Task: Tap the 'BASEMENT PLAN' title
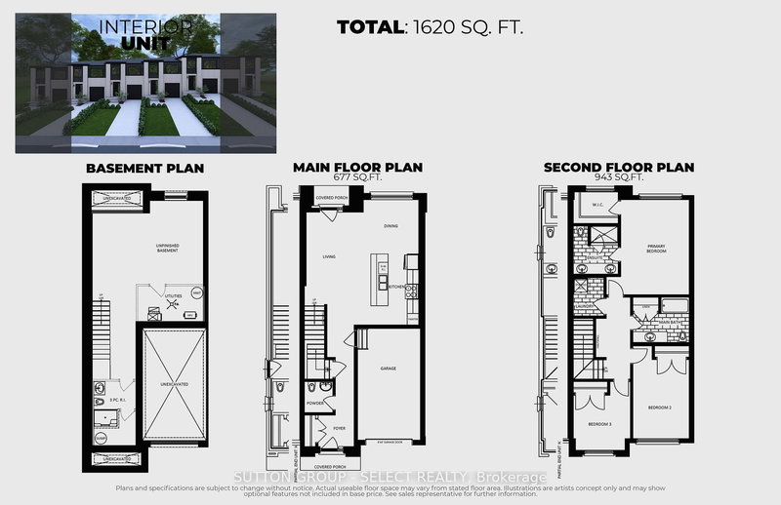pos(144,168)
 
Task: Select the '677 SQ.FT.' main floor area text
pos(358,177)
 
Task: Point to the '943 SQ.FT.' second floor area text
pos(619,177)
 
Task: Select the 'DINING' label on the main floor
pos(390,226)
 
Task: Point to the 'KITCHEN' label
pos(396,287)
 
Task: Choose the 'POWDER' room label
pos(315,402)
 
